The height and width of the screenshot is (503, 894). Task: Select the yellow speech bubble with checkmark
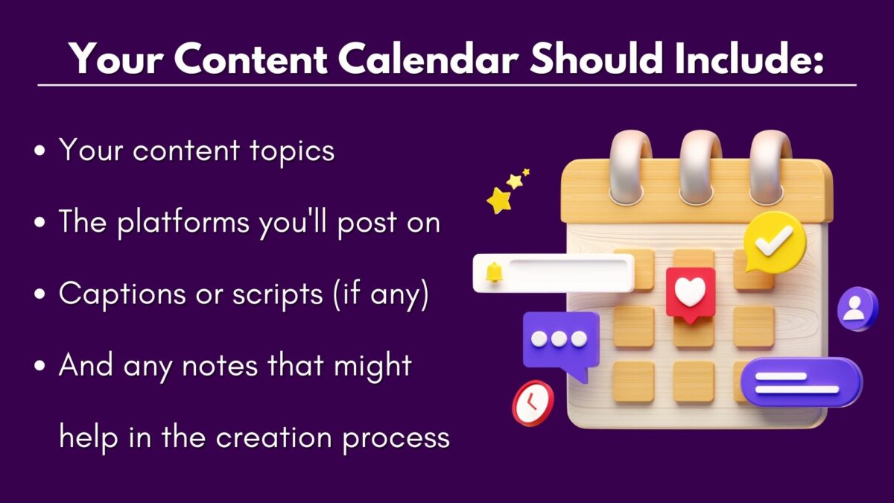775,241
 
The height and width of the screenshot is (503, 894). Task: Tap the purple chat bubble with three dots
560,341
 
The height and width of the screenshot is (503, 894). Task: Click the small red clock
532,403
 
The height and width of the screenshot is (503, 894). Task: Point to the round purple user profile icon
857,308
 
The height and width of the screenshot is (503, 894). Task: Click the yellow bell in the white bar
494,272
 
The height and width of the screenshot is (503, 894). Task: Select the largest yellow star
498,200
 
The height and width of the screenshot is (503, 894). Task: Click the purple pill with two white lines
801,382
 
